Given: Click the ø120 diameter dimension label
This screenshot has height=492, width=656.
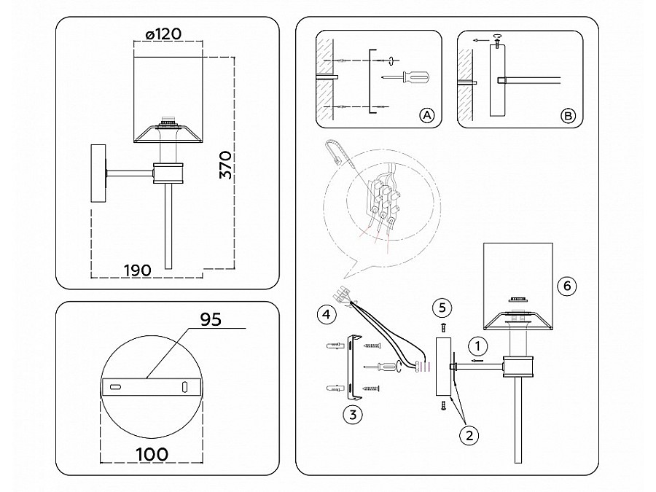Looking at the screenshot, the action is coord(163,34).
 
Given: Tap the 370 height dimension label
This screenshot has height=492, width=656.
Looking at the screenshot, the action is coord(225,165).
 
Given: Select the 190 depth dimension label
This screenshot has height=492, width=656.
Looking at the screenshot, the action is coord(137,270).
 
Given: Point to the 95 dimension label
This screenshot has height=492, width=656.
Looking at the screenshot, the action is coord(211,319).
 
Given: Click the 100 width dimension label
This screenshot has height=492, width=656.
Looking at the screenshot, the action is coord(152,454).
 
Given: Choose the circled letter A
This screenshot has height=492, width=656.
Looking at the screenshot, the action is coord(426,115).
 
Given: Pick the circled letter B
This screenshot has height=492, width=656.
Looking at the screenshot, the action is coord(568,115).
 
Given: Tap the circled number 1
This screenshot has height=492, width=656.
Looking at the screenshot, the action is coord(477,346).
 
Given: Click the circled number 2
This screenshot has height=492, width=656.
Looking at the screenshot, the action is coord(469,436).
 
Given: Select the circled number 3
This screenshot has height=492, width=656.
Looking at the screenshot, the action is coord(353,415).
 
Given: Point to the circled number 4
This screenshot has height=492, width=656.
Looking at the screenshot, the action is coord(327,313).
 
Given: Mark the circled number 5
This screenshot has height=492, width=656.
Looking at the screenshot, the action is coord(442,308).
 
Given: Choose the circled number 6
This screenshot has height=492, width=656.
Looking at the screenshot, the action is coord(567,286).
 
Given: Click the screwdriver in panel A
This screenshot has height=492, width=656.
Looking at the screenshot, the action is coord(405,77).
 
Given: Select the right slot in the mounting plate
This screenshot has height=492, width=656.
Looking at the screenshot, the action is coord(184,386).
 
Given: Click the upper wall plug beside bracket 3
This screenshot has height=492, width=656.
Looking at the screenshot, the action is coord(336,345).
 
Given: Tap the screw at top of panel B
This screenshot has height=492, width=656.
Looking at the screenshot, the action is coord(497,41).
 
